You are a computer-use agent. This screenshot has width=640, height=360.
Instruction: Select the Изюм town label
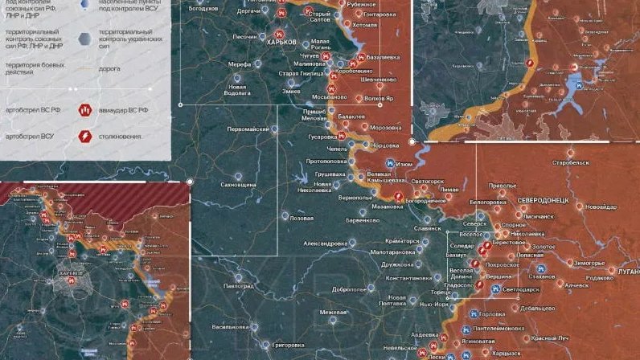click(x=405, y=164)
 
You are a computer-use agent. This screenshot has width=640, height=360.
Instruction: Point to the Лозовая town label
click(x=302, y=218)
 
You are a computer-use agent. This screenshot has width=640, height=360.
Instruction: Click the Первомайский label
click(x=248, y=129)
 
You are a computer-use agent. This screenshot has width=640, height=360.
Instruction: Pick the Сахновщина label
click(x=238, y=184)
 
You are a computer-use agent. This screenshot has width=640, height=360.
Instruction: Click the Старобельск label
click(x=570, y=162)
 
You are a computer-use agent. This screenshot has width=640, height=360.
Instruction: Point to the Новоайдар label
click(x=601, y=207)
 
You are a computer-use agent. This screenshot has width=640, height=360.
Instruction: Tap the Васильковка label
click(x=230, y=327)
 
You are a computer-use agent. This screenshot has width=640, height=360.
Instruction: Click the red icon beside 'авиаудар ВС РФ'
click(x=83, y=109)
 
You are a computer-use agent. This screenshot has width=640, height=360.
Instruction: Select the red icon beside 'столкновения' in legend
click(x=83, y=137)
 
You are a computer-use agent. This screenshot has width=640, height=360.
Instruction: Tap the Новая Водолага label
click(x=238, y=89)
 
